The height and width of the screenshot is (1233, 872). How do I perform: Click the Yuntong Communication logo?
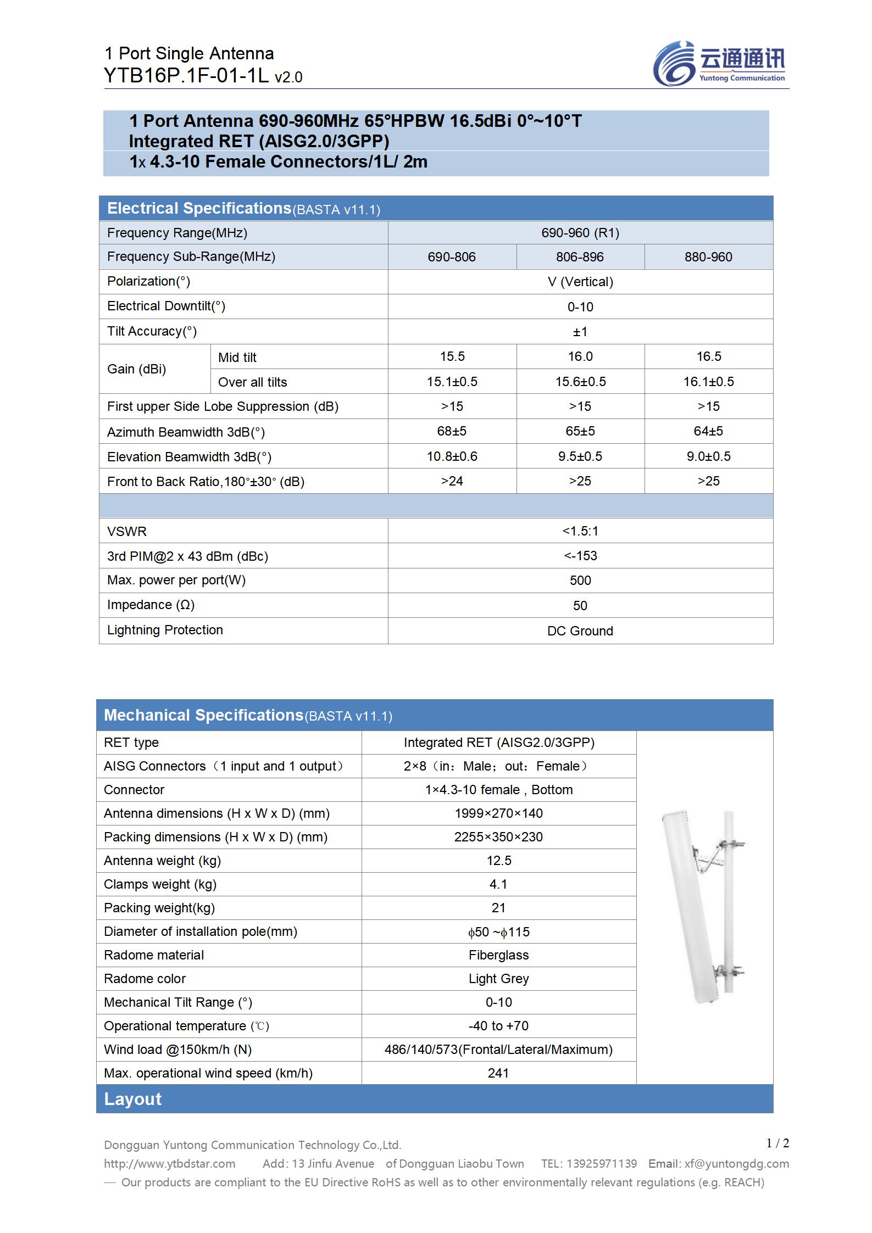coord(719,64)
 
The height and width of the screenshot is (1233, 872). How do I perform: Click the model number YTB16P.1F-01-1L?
coord(186,76)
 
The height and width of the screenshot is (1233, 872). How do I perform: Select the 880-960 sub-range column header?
coord(708,257)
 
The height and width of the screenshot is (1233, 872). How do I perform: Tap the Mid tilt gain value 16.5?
coord(708,356)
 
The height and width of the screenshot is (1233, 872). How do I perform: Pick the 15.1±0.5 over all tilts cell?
coord(452,382)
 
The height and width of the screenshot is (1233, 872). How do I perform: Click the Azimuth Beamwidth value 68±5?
coord(452,431)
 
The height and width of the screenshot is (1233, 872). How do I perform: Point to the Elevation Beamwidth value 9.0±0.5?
coord(708,456)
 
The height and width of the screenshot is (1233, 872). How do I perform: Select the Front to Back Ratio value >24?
coord(452,481)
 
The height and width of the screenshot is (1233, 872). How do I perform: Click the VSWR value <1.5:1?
coord(580,531)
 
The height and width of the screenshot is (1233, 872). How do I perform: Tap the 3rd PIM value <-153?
coord(580,556)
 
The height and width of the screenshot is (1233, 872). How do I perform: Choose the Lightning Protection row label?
coord(165,630)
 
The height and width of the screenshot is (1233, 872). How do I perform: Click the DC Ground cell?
coord(580,631)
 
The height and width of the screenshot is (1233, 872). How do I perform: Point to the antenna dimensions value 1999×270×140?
coord(498,813)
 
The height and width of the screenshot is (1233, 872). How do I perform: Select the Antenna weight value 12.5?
coord(498,861)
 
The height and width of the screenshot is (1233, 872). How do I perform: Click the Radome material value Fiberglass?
coord(498,955)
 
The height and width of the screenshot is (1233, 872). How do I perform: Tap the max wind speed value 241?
coord(498,1073)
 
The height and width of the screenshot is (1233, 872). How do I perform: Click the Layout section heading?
coord(133,1099)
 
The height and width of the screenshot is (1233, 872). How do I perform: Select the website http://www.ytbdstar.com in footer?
coord(169,1164)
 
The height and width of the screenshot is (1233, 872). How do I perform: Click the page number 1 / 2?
coord(777,1143)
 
